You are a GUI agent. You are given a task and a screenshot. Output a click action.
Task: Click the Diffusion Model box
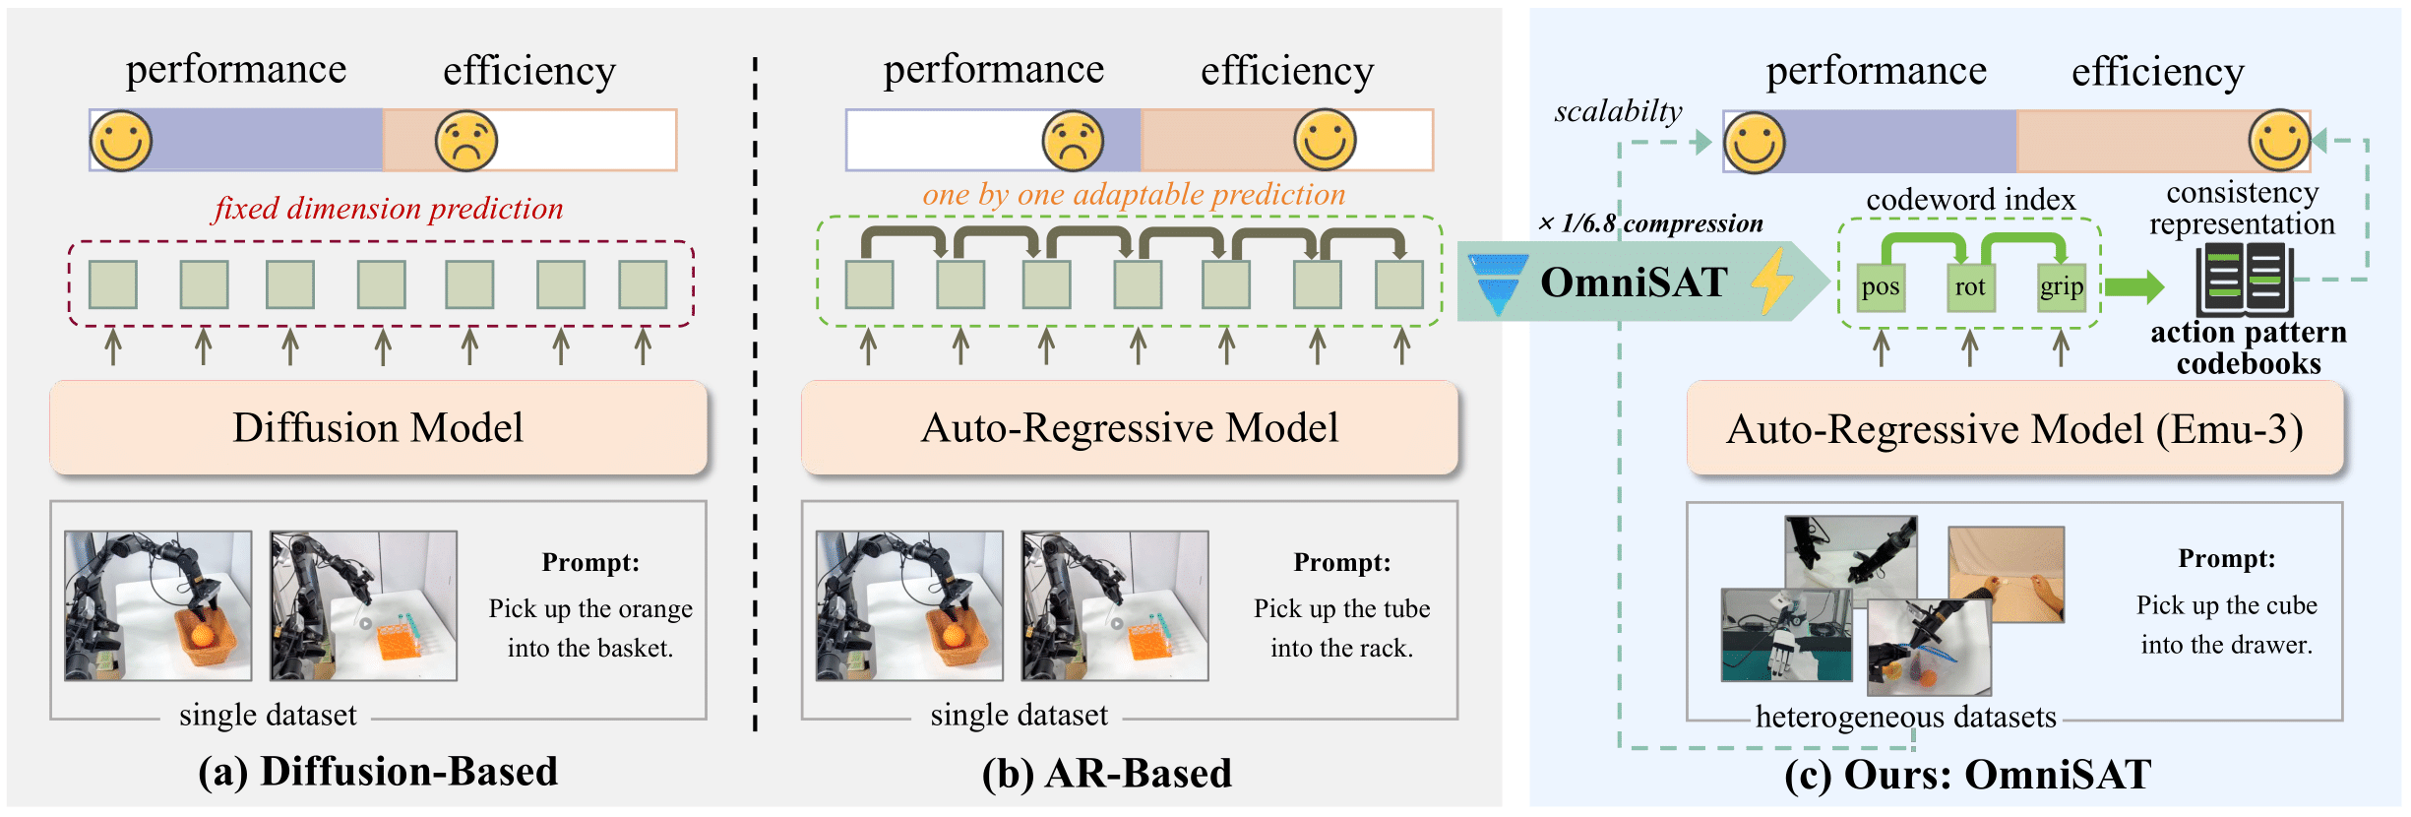tap(378, 428)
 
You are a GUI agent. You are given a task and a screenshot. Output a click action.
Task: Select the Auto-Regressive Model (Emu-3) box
tap(2014, 430)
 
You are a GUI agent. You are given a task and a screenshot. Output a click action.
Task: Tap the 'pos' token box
tap(1881, 287)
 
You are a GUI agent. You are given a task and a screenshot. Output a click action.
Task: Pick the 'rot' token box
tap(1970, 287)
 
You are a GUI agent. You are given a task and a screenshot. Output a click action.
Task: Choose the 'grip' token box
tap(2061, 287)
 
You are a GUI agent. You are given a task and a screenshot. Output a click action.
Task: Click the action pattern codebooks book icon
tap(2245, 282)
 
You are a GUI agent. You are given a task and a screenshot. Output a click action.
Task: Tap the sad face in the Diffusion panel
tap(466, 141)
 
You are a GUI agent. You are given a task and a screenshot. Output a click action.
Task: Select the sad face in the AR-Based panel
tap(1073, 141)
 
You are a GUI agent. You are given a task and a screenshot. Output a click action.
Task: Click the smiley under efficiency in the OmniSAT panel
tap(2279, 141)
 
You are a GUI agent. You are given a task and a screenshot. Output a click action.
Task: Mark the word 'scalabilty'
tap(1618, 112)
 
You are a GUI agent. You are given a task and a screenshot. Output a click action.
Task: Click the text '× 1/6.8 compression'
tap(1650, 224)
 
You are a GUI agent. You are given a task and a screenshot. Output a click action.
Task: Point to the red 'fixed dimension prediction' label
tap(388, 209)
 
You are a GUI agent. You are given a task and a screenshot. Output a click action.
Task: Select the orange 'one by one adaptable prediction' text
tap(1134, 195)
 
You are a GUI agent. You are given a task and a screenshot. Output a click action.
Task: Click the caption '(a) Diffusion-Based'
tap(378, 772)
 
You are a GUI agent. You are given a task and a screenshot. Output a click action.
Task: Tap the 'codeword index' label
tap(1970, 201)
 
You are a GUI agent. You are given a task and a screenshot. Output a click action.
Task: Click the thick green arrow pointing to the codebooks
tap(2134, 286)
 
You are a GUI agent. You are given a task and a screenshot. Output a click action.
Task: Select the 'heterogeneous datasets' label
tap(1905, 717)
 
